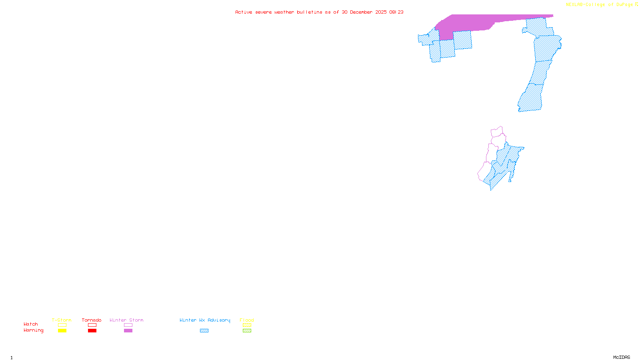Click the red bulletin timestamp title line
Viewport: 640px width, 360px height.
point(319,12)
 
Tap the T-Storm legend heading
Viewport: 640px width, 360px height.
point(62,320)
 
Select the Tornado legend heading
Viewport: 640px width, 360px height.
point(92,320)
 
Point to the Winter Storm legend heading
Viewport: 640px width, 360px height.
point(126,320)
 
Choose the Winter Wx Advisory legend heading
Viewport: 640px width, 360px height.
point(205,320)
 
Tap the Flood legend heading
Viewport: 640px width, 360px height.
point(247,320)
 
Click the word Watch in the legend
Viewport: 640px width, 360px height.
point(31,324)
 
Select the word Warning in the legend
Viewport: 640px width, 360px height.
point(34,330)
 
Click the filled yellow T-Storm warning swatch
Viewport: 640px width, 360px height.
point(62,331)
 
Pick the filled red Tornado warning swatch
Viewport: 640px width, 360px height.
point(92,331)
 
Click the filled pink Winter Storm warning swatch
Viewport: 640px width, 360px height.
point(128,331)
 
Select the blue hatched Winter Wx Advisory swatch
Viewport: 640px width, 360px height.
point(204,331)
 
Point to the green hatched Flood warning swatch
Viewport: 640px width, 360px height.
point(247,331)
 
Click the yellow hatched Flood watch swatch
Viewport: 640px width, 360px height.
point(247,325)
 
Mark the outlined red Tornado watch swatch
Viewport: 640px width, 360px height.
point(92,325)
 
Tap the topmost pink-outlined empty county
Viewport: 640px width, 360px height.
point(497,132)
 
